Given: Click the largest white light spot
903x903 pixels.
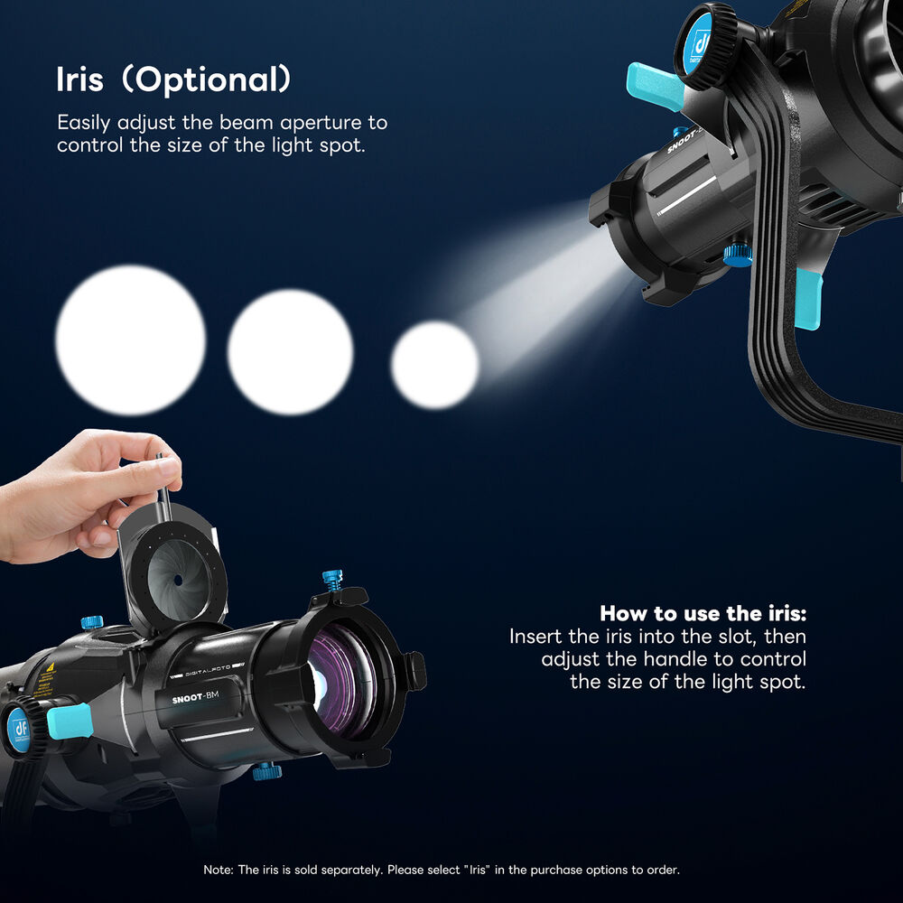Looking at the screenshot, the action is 131,340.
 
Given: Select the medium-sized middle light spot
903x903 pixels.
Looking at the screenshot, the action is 290,352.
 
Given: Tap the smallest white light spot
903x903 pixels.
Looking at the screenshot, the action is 435,365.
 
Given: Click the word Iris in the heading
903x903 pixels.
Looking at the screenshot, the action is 79,79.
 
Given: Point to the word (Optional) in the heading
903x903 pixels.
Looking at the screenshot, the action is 208,79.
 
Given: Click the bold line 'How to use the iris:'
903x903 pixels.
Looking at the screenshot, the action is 703,613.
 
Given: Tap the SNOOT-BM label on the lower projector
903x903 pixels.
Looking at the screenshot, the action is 195,697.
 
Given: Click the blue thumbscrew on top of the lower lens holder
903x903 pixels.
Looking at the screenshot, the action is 332,580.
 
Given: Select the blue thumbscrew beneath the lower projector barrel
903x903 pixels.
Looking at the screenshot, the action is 266,771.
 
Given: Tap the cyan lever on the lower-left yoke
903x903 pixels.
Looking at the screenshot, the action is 70,721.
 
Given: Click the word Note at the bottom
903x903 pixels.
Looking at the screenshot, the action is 218,870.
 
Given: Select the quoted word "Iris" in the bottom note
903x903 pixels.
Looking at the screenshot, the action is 478,870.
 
